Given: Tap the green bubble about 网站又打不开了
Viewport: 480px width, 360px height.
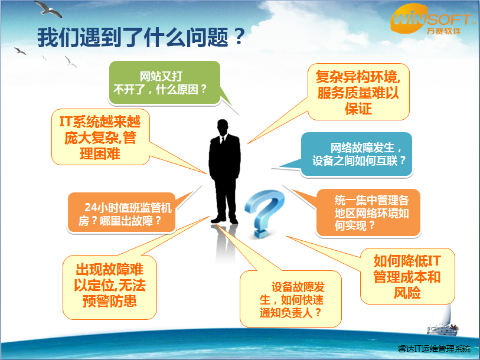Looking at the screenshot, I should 165,83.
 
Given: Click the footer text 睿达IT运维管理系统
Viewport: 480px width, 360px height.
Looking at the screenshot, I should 435,349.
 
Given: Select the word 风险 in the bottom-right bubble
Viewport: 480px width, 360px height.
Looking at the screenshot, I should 406,292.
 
